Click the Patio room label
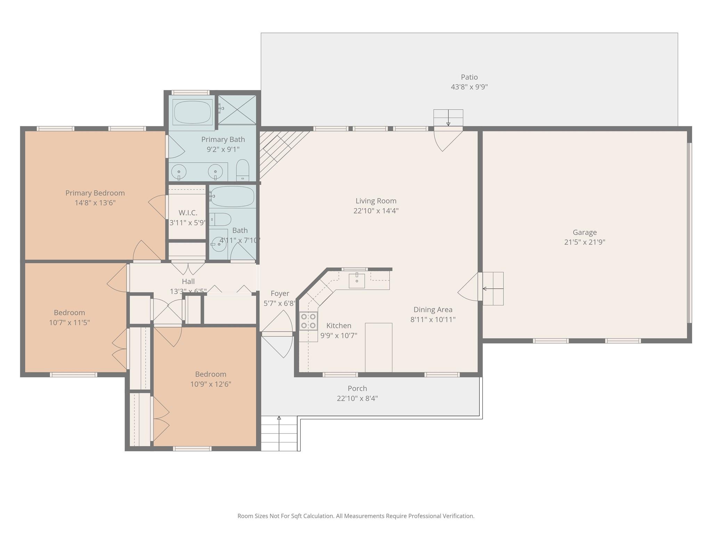[x=469, y=77]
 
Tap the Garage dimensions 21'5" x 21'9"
[x=584, y=242]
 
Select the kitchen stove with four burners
[x=308, y=321]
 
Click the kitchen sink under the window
[x=357, y=281]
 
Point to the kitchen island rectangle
[x=379, y=347]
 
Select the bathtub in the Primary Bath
[x=192, y=112]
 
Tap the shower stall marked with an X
[x=237, y=110]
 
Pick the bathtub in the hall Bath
[x=232, y=196]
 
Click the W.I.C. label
[x=188, y=213]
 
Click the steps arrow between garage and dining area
[x=493, y=289]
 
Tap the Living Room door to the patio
[x=448, y=139]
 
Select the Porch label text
[x=357, y=389]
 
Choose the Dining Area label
[x=433, y=310]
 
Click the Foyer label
[x=280, y=294]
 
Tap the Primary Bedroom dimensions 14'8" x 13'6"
[x=95, y=203]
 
